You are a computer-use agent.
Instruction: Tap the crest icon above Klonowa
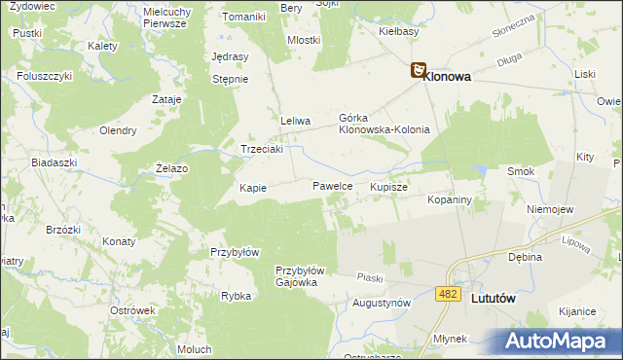418,70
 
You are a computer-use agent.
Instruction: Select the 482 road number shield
448,294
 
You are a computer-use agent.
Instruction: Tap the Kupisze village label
388,185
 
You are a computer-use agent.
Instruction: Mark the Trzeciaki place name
262,149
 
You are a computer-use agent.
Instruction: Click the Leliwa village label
295,121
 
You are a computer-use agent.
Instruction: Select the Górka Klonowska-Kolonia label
384,123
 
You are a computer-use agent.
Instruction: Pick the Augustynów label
381,303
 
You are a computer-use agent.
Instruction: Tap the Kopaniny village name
450,199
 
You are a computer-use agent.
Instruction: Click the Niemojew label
549,209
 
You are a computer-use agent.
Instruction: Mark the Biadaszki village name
54,162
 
